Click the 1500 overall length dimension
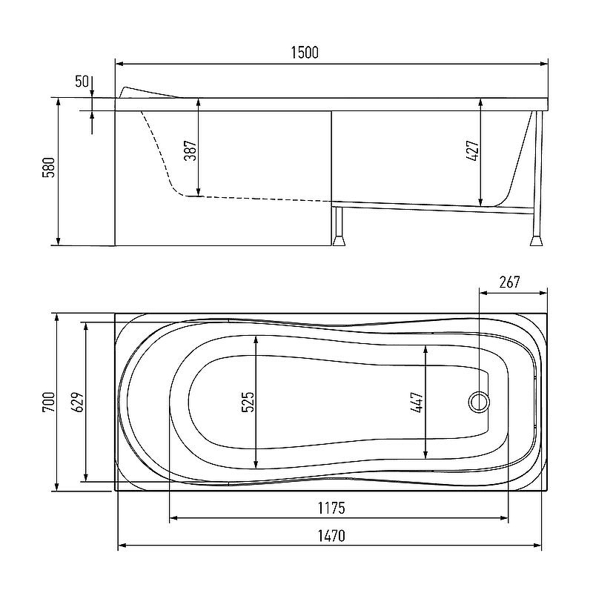point(305,53)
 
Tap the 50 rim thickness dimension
point(82,82)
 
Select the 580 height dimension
point(49,168)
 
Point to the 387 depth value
point(191,150)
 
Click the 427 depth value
point(472,151)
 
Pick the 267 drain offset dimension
point(509,282)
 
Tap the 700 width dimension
point(49,402)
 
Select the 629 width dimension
point(78,402)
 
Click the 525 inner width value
point(248,402)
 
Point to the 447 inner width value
point(417,402)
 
